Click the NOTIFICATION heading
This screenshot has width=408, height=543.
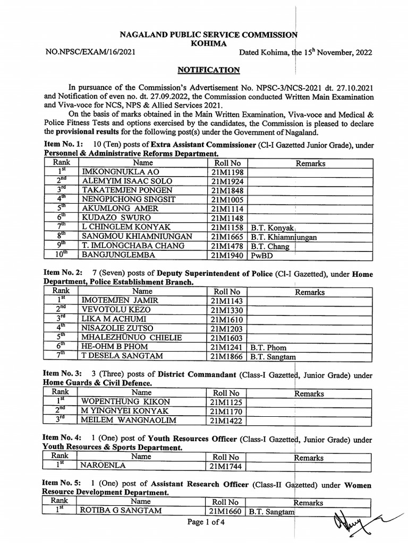208,70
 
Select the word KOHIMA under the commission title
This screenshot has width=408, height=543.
208,43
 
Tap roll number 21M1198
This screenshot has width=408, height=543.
227,172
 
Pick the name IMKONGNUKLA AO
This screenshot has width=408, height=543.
115,172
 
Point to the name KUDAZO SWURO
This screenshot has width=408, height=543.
115,218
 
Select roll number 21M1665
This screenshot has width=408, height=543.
227,237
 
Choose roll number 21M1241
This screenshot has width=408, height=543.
227,347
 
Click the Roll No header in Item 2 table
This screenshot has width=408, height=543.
227,292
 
